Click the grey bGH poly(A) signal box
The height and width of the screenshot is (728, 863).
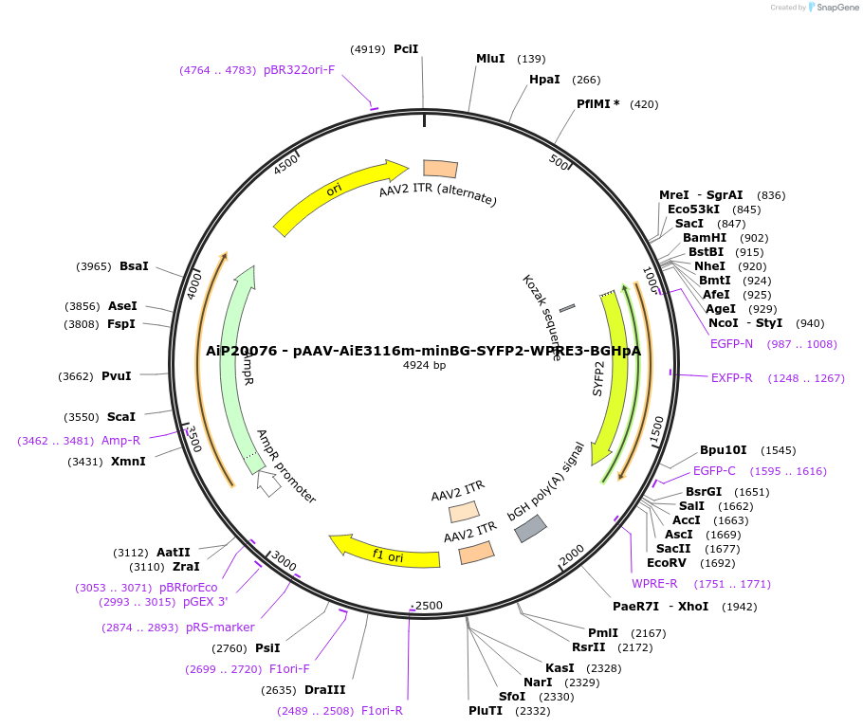pos(530,529)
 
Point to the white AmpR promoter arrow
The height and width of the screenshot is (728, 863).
pos(269,483)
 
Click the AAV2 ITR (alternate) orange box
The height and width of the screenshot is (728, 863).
pos(440,169)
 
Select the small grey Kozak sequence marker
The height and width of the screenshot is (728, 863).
pos(567,308)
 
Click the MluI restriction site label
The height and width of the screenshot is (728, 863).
pos(490,59)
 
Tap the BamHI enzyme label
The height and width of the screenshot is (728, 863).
pos(705,238)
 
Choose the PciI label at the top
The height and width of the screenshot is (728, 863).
pos(406,48)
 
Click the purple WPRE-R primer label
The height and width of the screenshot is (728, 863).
pos(654,584)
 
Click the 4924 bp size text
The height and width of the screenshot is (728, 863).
pos(424,365)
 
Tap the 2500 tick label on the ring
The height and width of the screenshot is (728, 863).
pos(429,606)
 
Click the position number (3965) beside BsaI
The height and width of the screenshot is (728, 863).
pos(94,266)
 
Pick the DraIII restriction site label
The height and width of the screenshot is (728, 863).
pos(324,690)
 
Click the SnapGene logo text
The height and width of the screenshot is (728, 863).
pos(835,8)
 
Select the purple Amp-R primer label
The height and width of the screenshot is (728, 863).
pos(120,441)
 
